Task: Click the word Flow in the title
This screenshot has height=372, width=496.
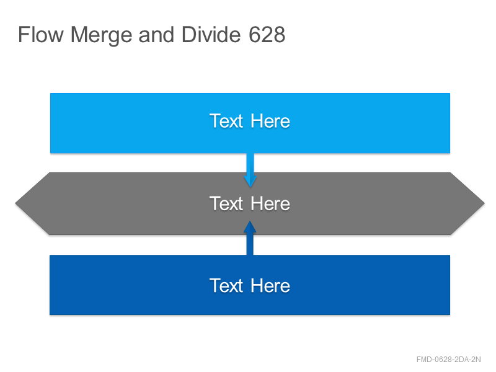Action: click(41, 35)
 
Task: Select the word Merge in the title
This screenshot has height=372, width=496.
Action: click(101, 35)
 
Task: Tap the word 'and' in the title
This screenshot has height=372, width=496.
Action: click(156, 35)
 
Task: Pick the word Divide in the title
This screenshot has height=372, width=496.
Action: click(211, 35)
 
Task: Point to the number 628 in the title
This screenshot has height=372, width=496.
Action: click(267, 35)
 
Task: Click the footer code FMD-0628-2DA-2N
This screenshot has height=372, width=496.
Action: click(448, 360)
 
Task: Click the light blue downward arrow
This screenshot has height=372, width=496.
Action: click(250, 170)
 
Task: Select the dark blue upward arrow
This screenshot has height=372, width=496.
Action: click(250, 238)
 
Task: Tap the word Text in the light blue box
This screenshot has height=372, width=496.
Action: click(226, 121)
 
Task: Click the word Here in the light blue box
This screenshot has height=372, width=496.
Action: click(270, 121)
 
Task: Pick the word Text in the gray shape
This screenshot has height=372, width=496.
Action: click(226, 203)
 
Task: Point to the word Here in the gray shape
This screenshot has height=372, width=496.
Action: click(270, 203)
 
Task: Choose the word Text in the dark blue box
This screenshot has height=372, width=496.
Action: click(226, 286)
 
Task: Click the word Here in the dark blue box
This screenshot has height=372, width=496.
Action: click(270, 286)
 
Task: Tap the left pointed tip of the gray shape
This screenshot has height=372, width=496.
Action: click(15, 203)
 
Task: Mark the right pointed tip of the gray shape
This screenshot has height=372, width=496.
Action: click(484, 203)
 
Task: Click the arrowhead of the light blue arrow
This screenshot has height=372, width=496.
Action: click(250, 182)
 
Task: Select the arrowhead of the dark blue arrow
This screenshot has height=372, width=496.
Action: click(250, 227)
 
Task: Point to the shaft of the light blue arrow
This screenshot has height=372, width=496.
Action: click(250, 165)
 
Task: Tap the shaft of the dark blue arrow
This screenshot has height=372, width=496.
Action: click(250, 244)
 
